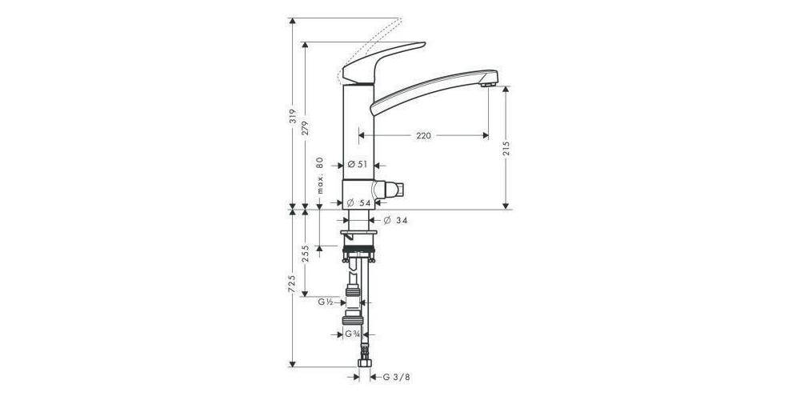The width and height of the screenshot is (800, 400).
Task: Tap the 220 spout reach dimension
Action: click(423, 136)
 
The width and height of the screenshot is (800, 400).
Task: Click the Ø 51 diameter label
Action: click(357, 164)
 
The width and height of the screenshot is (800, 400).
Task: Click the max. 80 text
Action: click(319, 176)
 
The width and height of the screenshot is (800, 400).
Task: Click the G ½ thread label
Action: click(326, 302)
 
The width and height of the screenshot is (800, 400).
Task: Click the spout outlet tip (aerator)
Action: click(490, 80)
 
